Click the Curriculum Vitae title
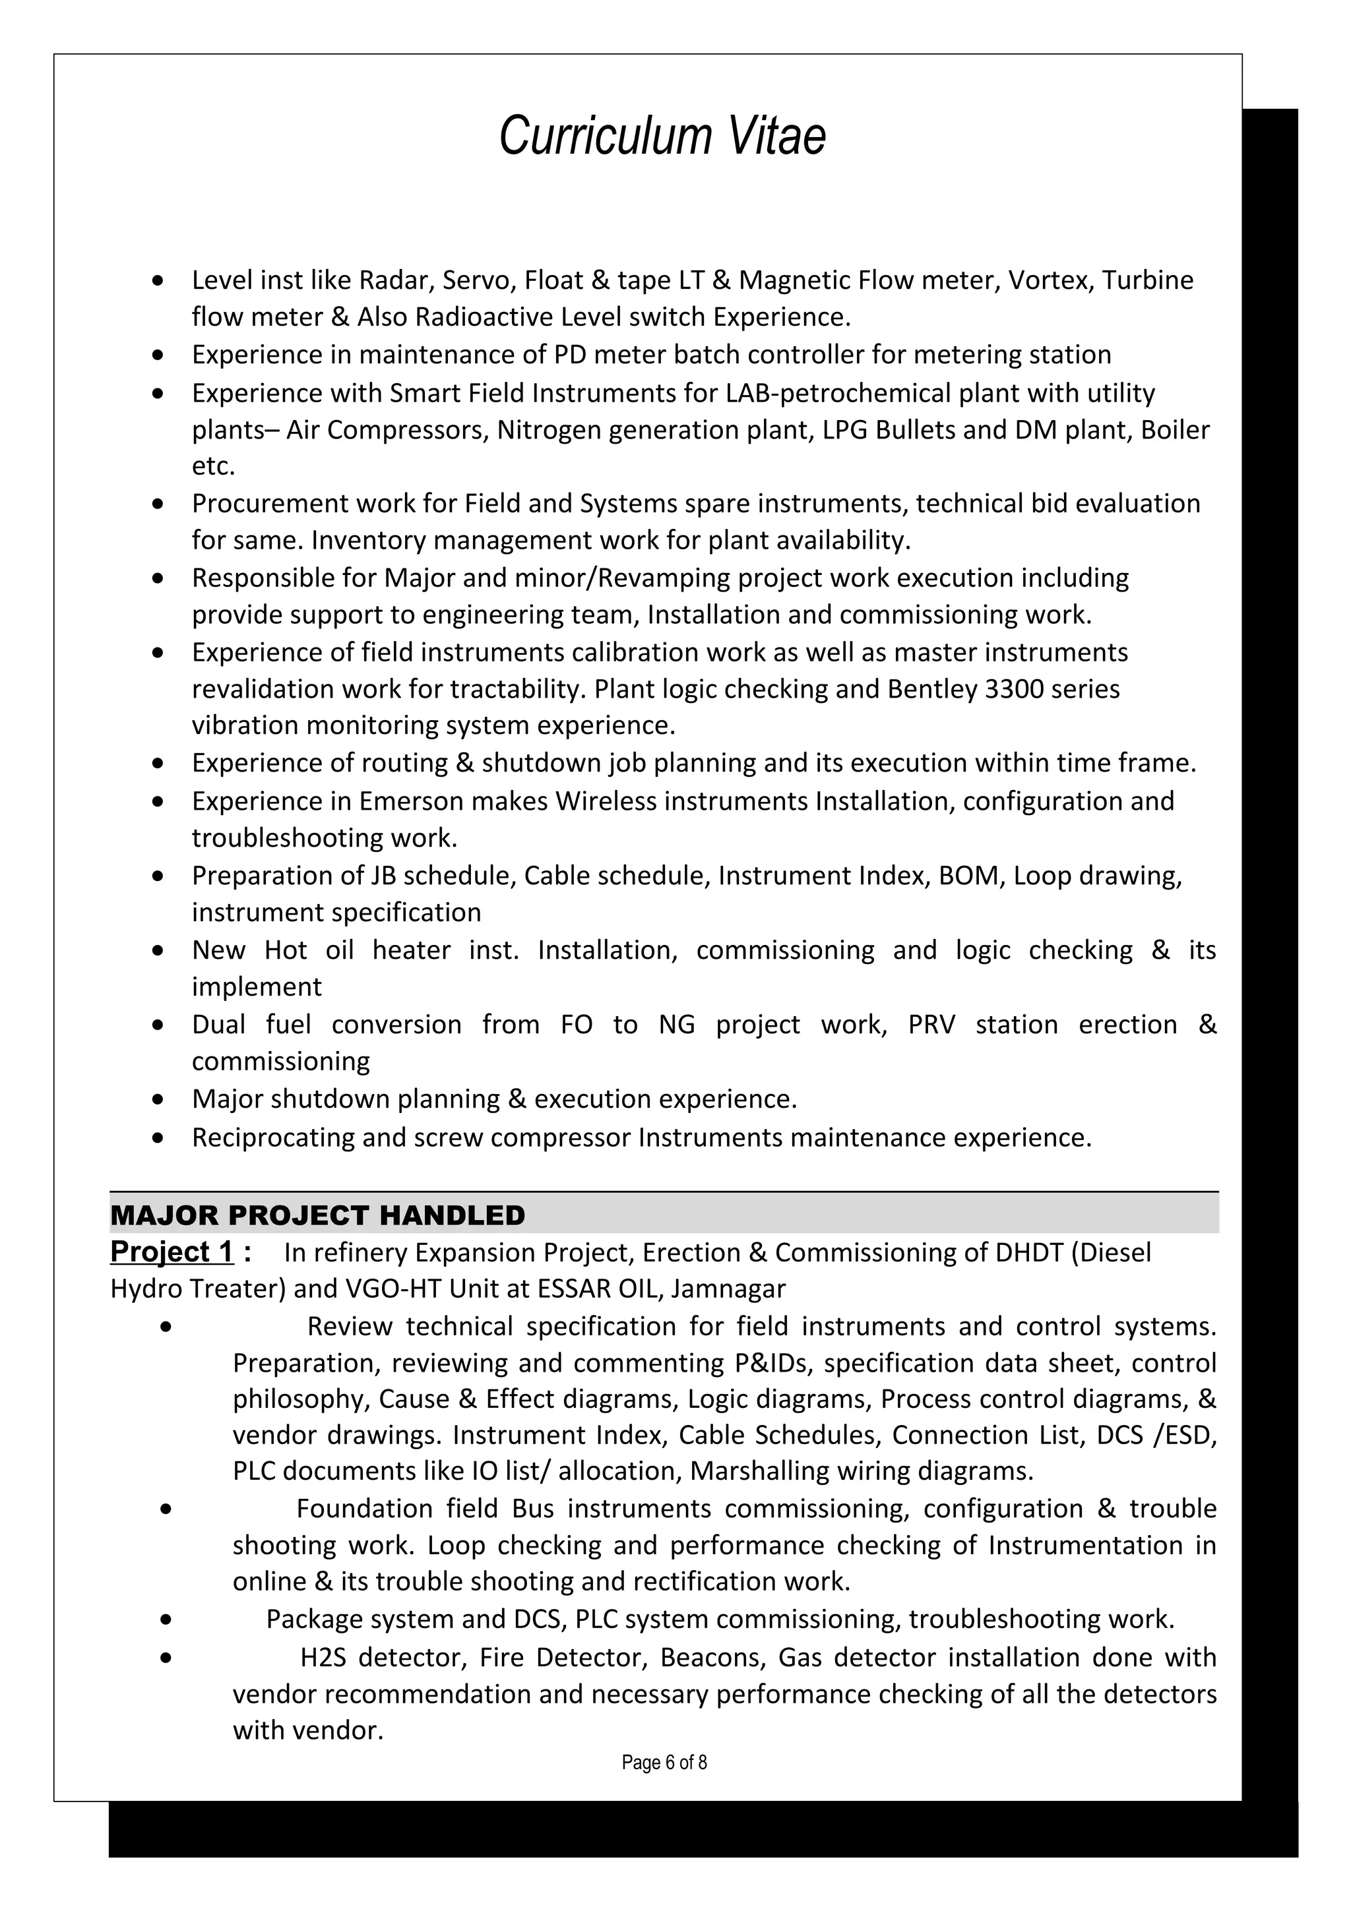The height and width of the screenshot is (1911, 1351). tap(662, 136)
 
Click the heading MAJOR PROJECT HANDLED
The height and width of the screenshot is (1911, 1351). tap(317, 1215)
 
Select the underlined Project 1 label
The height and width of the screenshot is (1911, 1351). tap(172, 1252)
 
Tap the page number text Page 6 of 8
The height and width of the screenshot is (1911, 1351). tap(664, 1762)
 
